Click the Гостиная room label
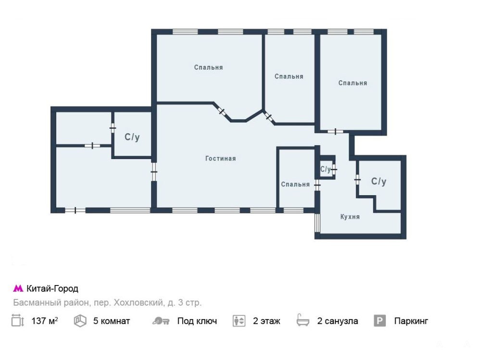[220, 159]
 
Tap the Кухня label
[350, 217]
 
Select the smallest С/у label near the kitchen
[325, 169]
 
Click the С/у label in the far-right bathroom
[379, 181]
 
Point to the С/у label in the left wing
[132, 137]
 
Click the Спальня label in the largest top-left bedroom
[208, 67]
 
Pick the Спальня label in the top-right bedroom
[353, 83]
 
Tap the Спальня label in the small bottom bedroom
[295, 185]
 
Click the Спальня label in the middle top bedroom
[289, 76]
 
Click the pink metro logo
[18, 288]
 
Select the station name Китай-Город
[52, 288]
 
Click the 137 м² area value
[45, 321]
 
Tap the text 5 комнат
[112, 321]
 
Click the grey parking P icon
[379, 321]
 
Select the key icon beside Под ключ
[161, 321]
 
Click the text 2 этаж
[266, 321]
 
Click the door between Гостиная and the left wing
[154, 172]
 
